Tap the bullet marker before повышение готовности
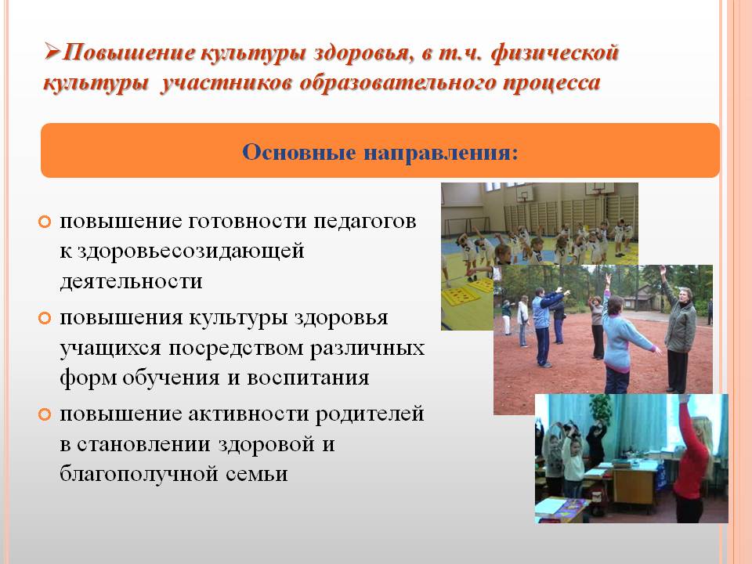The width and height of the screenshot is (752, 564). [x=46, y=222]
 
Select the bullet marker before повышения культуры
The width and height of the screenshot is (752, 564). [x=46, y=319]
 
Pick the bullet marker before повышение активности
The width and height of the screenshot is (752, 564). [x=46, y=414]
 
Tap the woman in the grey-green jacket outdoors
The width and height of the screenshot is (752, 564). [x=678, y=329]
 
